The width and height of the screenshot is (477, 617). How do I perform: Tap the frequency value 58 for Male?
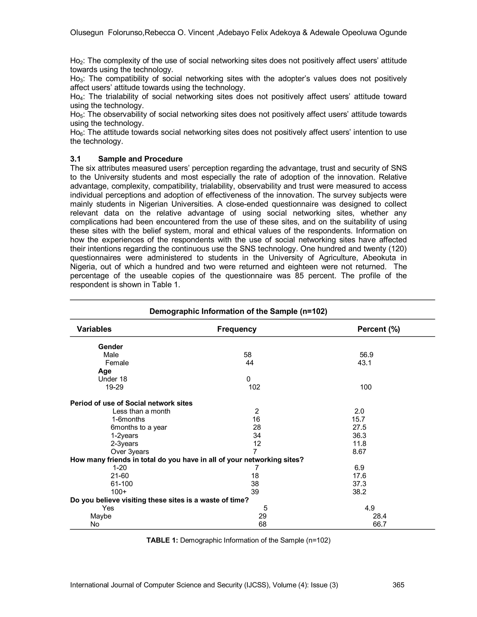[x=247, y=355]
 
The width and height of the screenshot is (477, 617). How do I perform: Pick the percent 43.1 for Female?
[x=364, y=363]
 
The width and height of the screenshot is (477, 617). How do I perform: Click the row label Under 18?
[x=112, y=379]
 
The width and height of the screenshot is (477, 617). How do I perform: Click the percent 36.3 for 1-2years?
[x=359, y=435]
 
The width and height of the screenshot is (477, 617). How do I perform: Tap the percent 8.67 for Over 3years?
[x=359, y=451]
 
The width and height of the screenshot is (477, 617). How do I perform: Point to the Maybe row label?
[x=101, y=516]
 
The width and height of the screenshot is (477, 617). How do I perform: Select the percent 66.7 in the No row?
[x=379, y=524]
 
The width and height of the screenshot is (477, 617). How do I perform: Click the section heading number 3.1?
[x=75, y=159]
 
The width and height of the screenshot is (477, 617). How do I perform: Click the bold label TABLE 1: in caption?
[x=162, y=540]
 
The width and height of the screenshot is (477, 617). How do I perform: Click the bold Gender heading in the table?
[x=110, y=347]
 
